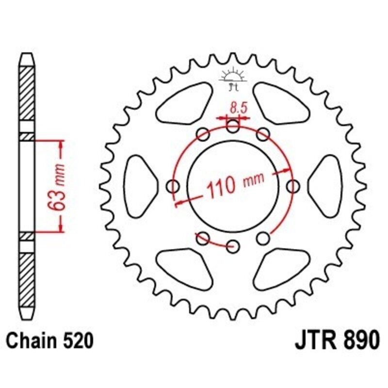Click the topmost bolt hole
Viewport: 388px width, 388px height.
[233, 128]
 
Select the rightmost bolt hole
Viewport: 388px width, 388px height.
[293, 186]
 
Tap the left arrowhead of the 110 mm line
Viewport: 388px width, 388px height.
[178, 203]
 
